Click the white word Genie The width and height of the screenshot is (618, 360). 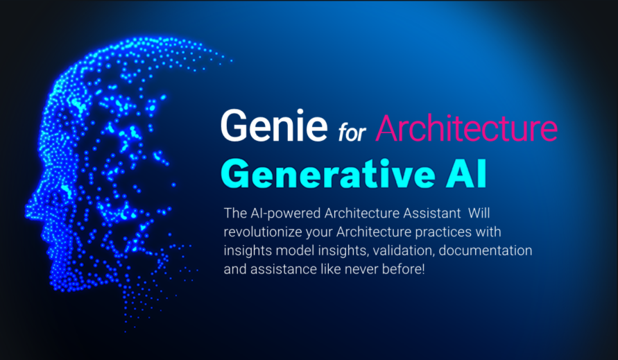click(x=274, y=126)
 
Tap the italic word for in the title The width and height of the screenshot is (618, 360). click(x=352, y=131)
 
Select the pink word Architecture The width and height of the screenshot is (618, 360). click(x=467, y=128)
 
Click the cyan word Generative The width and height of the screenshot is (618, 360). click(x=328, y=174)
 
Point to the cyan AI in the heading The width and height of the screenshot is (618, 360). click(x=467, y=174)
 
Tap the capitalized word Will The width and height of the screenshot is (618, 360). click(x=479, y=214)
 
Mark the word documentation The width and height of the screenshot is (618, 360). click(x=486, y=251)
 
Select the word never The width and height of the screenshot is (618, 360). click(x=358, y=270)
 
